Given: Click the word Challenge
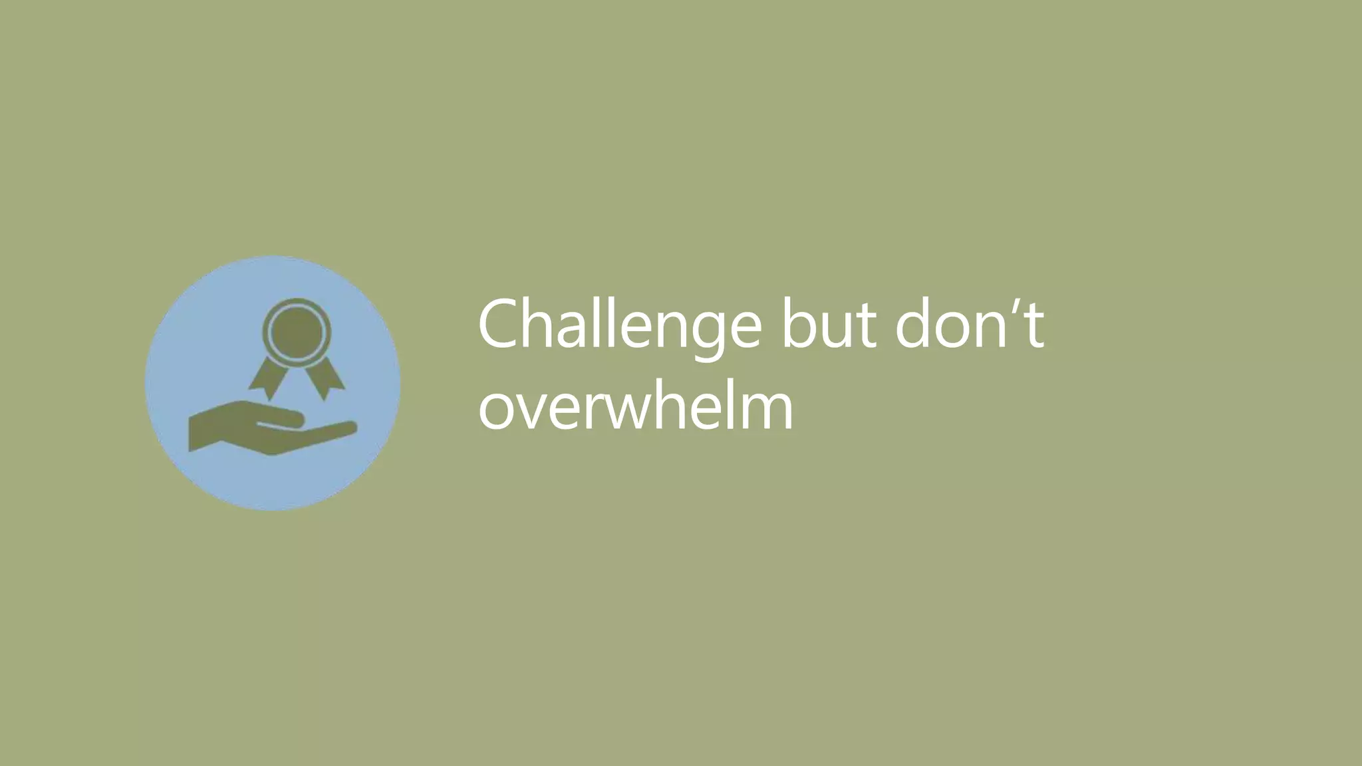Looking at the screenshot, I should click(618, 326).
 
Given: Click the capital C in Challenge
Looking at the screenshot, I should click(500, 326).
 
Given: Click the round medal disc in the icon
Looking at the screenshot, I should click(297, 330).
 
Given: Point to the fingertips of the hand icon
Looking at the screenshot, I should click(349, 428).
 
